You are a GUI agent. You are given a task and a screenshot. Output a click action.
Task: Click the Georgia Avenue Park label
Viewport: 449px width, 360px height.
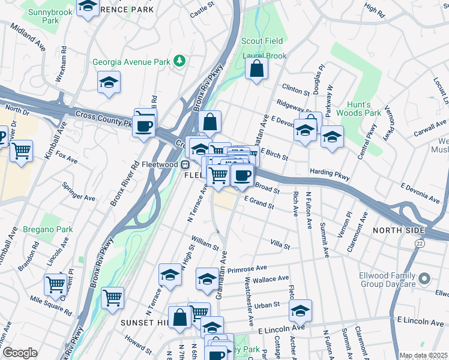(131, 62)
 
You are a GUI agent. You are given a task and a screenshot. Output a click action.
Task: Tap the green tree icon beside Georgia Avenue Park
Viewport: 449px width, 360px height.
(178, 61)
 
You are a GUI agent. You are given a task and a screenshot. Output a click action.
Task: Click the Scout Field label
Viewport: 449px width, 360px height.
(262, 41)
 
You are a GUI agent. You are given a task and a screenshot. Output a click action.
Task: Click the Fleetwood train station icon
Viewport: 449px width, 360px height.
(186, 164)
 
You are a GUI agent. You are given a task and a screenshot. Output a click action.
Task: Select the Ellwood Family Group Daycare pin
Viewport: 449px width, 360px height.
(425, 278)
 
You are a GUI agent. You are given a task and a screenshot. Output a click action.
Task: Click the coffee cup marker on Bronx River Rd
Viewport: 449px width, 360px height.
(144, 127)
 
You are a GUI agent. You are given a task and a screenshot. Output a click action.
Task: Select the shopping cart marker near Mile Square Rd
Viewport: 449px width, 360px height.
(55, 284)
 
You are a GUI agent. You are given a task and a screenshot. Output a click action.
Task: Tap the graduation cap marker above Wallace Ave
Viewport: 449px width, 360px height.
(208, 279)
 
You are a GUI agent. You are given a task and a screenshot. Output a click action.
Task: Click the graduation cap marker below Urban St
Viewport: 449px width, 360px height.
(301, 310)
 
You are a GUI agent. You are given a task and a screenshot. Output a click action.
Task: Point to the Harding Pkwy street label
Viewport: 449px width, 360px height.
(330, 172)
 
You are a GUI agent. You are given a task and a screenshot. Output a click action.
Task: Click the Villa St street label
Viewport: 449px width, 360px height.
(280, 245)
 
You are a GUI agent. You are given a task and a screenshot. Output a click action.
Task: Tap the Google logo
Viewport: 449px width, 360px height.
(20, 353)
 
